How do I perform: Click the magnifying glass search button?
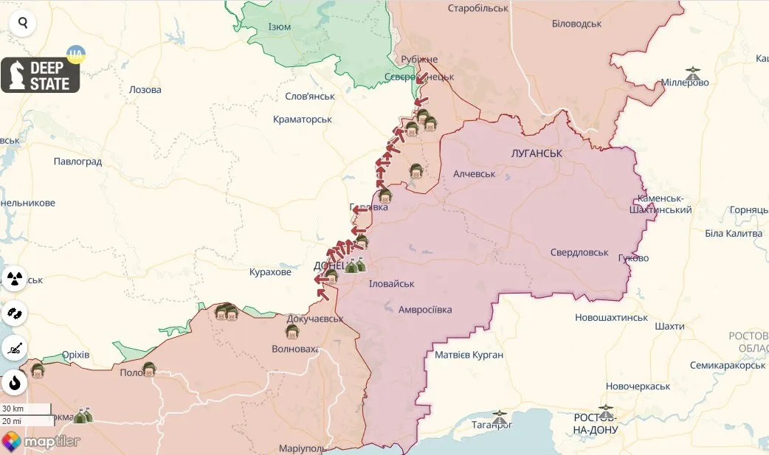click(23, 23)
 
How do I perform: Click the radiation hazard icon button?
click(15, 279)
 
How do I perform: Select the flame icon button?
click(15, 383)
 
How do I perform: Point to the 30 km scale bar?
click(26, 409)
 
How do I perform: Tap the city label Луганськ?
click(537, 153)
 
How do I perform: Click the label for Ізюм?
click(279, 27)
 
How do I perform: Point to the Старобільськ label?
click(478, 8)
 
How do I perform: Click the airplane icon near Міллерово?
click(692, 74)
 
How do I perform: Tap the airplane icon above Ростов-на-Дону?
click(606, 407)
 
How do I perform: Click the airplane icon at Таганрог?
click(500, 415)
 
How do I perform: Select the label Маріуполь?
click(303, 448)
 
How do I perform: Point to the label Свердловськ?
click(579, 252)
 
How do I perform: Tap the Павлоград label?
click(78, 161)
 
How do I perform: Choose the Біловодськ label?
click(576, 24)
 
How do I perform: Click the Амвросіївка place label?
click(435, 310)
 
